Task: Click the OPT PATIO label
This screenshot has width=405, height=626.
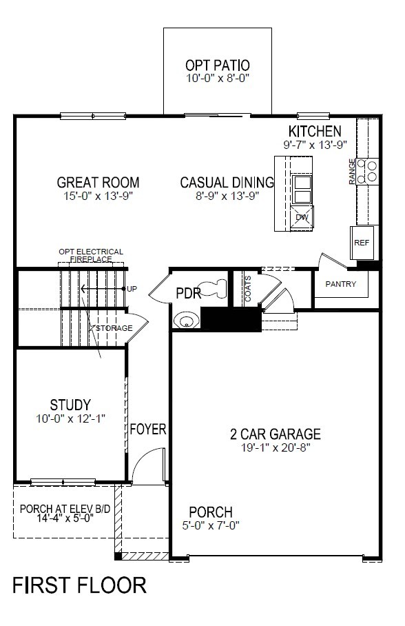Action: [x=218, y=65]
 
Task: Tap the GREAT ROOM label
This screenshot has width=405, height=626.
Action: [x=98, y=183]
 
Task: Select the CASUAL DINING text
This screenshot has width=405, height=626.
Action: [x=227, y=183]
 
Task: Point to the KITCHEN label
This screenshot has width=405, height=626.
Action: [x=315, y=131]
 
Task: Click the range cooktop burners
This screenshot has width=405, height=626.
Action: [x=368, y=170]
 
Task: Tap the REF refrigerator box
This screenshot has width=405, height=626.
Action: [x=362, y=243]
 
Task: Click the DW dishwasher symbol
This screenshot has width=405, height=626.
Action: [x=302, y=218]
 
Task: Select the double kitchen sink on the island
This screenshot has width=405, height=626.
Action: [x=302, y=189]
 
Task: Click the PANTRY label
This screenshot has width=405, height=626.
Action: [x=341, y=284]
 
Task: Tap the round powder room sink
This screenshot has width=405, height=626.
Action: [x=186, y=320]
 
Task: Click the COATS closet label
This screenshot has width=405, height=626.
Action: [x=248, y=289]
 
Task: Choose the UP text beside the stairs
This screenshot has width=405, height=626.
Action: [x=132, y=289]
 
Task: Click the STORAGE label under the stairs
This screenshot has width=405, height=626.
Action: [x=114, y=328]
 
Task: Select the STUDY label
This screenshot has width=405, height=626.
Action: [x=70, y=405]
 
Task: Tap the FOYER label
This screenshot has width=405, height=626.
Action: [x=148, y=430]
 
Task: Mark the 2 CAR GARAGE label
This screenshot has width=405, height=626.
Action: [x=276, y=434]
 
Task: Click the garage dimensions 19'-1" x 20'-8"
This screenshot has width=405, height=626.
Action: [x=276, y=447]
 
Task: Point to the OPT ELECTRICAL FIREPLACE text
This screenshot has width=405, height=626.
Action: [x=91, y=256]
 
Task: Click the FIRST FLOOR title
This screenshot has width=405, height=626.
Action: [x=80, y=585]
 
